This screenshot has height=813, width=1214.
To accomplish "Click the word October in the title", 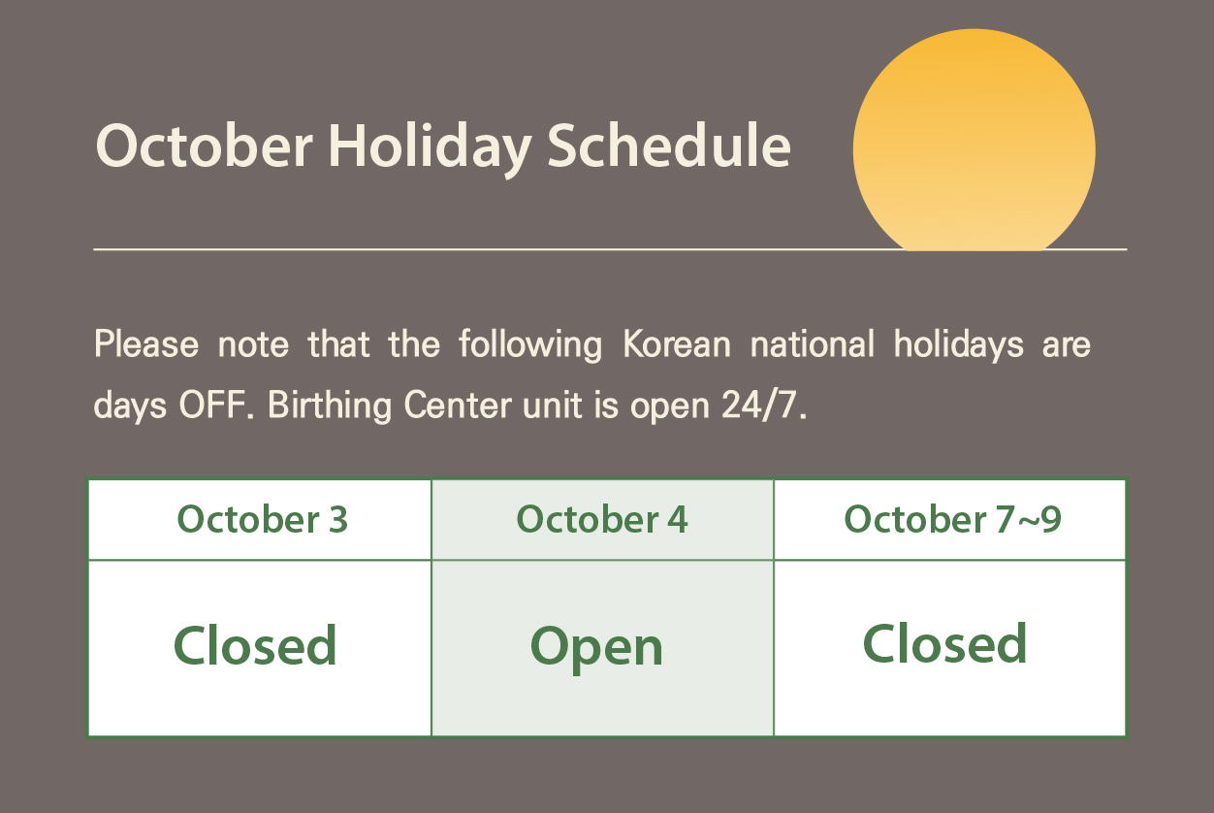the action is pyautogui.click(x=205, y=146).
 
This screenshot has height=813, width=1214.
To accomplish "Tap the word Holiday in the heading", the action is pyautogui.click(x=430, y=149).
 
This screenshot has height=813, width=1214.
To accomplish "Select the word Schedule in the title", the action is pyautogui.click(x=669, y=145).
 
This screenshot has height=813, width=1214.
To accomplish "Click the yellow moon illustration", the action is pyautogui.click(x=974, y=140).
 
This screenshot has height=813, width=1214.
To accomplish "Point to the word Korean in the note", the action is pyautogui.click(x=677, y=343).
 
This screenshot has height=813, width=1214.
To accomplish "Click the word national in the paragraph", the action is pyautogui.click(x=812, y=343).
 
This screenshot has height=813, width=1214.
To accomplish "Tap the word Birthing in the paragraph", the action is pyautogui.click(x=330, y=406).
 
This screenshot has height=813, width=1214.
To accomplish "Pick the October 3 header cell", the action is pyautogui.click(x=260, y=519).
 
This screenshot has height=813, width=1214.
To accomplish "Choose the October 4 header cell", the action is pyautogui.click(x=603, y=519).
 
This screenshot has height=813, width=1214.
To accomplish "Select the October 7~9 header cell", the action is pyautogui.click(x=949, y=519).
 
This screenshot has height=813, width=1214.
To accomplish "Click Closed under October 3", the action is pyautogui.click(x=255, y=645).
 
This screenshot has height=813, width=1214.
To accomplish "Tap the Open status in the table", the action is pyautogui.click(x=596, y=648).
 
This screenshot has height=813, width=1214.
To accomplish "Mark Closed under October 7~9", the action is pyautogui.click(x=944, y=643).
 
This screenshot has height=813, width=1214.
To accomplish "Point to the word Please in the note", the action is pyautogui.click(x=146, y=343).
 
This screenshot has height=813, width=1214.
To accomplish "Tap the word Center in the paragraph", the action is pyautogui.click(x=457, y=405).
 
